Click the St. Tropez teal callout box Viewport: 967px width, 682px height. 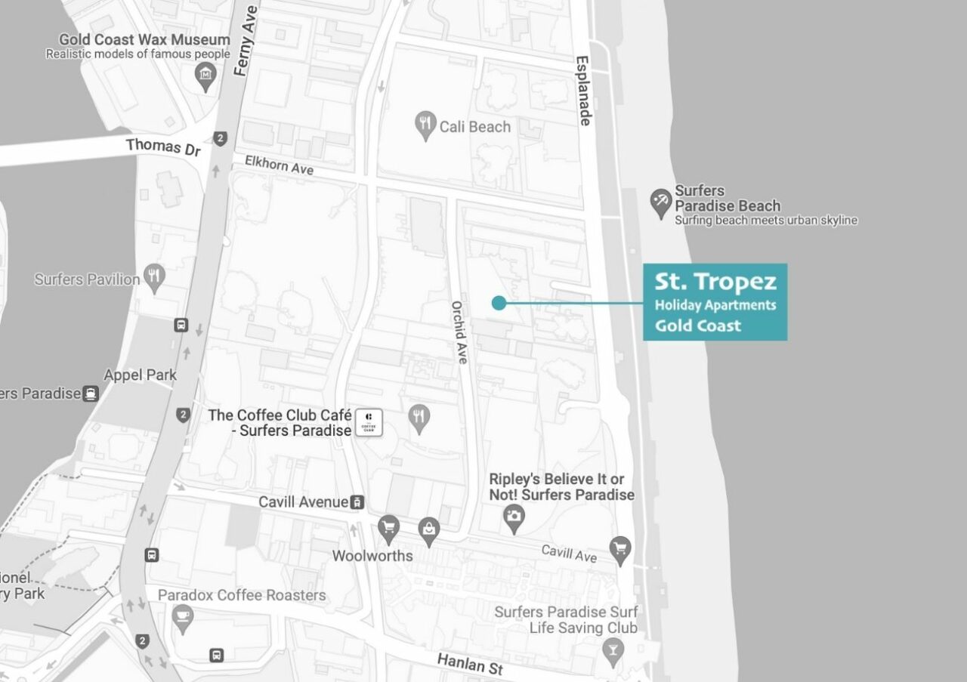click(715, 302)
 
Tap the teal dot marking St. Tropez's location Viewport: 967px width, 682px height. click(498, 303)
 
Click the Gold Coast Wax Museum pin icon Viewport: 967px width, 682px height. click(205, 76)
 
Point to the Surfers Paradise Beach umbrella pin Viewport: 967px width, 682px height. click(661, 202)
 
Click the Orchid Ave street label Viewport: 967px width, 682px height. click(459, 333)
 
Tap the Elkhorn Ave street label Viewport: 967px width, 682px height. click(279, 165)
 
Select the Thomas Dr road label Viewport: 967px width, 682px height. click(163, 146)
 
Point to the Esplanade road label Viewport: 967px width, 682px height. click(582, 91)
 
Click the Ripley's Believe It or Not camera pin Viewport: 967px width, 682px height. click(514, 517)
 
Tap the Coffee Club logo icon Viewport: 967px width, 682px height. click(369, 423)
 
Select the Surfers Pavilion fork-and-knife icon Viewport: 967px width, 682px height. click(155, 278)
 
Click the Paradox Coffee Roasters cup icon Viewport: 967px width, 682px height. click(182, 618)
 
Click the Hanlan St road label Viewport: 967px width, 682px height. click(469, 665)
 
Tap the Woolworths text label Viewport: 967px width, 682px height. click(372, 556)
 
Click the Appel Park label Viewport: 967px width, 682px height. click(140, 375)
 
